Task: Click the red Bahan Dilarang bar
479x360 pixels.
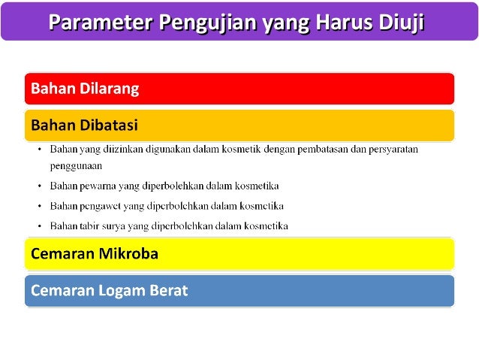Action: tap(239, 89)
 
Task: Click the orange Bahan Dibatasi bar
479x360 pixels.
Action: tap(239, 125)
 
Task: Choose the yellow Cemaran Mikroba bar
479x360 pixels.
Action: tap(239, 254)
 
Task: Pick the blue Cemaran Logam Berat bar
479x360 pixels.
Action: tap(239, 291)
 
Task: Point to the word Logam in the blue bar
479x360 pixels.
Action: tap(127, 291)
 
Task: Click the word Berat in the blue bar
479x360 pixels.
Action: tap(169, 291)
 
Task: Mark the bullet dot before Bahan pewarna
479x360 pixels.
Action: tap(40, 185)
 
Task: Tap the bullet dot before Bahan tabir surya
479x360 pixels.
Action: tap(40, 225)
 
